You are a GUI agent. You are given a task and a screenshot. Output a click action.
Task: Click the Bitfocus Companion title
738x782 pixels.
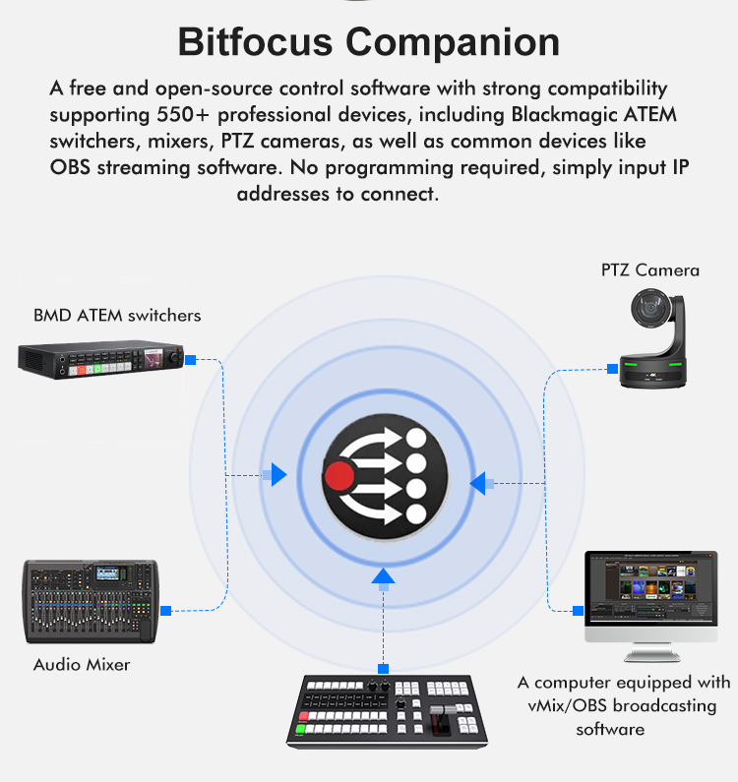click(x=369, y=43)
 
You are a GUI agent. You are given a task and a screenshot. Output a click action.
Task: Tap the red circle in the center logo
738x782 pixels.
click(x=339, y=477)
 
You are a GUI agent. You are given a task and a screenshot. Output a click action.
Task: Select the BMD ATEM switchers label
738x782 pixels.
click(x=117, y=316)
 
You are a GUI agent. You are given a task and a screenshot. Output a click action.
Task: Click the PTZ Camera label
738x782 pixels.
click(x=650, y=270)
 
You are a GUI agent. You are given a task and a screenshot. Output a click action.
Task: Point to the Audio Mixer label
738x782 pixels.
click(x=82, y=664)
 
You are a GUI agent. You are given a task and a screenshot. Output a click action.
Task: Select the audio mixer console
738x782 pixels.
click(x=90, y=600)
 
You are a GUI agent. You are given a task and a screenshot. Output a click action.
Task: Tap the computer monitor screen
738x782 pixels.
click(x=650, y=588)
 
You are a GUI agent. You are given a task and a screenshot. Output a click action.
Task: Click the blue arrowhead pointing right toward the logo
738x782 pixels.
click(x=278, y=476)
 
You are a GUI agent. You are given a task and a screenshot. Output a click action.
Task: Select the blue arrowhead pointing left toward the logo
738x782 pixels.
click(x=477, y=483)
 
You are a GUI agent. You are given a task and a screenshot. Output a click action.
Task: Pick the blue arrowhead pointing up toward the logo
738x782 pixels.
click(x=383, y=575)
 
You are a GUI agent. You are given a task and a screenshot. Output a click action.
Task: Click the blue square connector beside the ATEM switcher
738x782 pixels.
click(x=191, y=360)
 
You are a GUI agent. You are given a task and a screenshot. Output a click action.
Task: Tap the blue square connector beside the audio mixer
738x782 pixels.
click(x=165, y=611)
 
